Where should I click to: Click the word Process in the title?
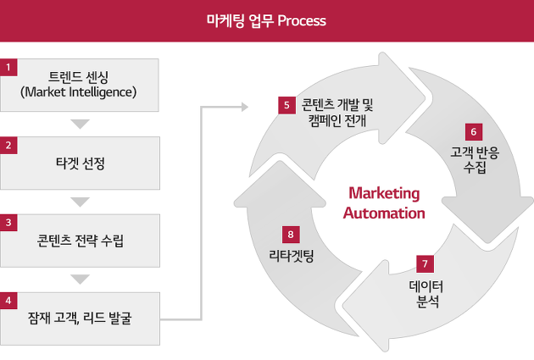[x=302, y=21]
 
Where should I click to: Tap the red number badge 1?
[x=8, y=68]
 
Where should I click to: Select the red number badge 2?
[x=8, y=146]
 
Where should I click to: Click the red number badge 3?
[x=8, y=223]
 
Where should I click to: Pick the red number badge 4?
[x=8, y=301]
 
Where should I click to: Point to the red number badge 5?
[x=286, y=106]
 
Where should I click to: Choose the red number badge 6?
[x=474, y=132]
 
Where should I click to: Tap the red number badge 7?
[x=425, y=264]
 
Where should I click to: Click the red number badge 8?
[x=291, y=235]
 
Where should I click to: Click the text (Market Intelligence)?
[x=78, y=91]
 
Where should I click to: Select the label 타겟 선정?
[x=81, y=163]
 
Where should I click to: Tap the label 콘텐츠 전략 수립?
[x=81, y=241]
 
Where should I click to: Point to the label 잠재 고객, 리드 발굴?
[x=80, y=318]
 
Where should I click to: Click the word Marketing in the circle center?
[x=384, y=193]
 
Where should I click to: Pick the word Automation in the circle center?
[x=384, y=213]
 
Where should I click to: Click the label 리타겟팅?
[x=292, y=256]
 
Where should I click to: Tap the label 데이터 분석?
[x=426, y=294]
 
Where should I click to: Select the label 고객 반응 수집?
[x=475, y=159]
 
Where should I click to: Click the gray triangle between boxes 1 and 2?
[x=80, y=124]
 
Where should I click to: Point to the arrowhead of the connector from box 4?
[x=245, y=107]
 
